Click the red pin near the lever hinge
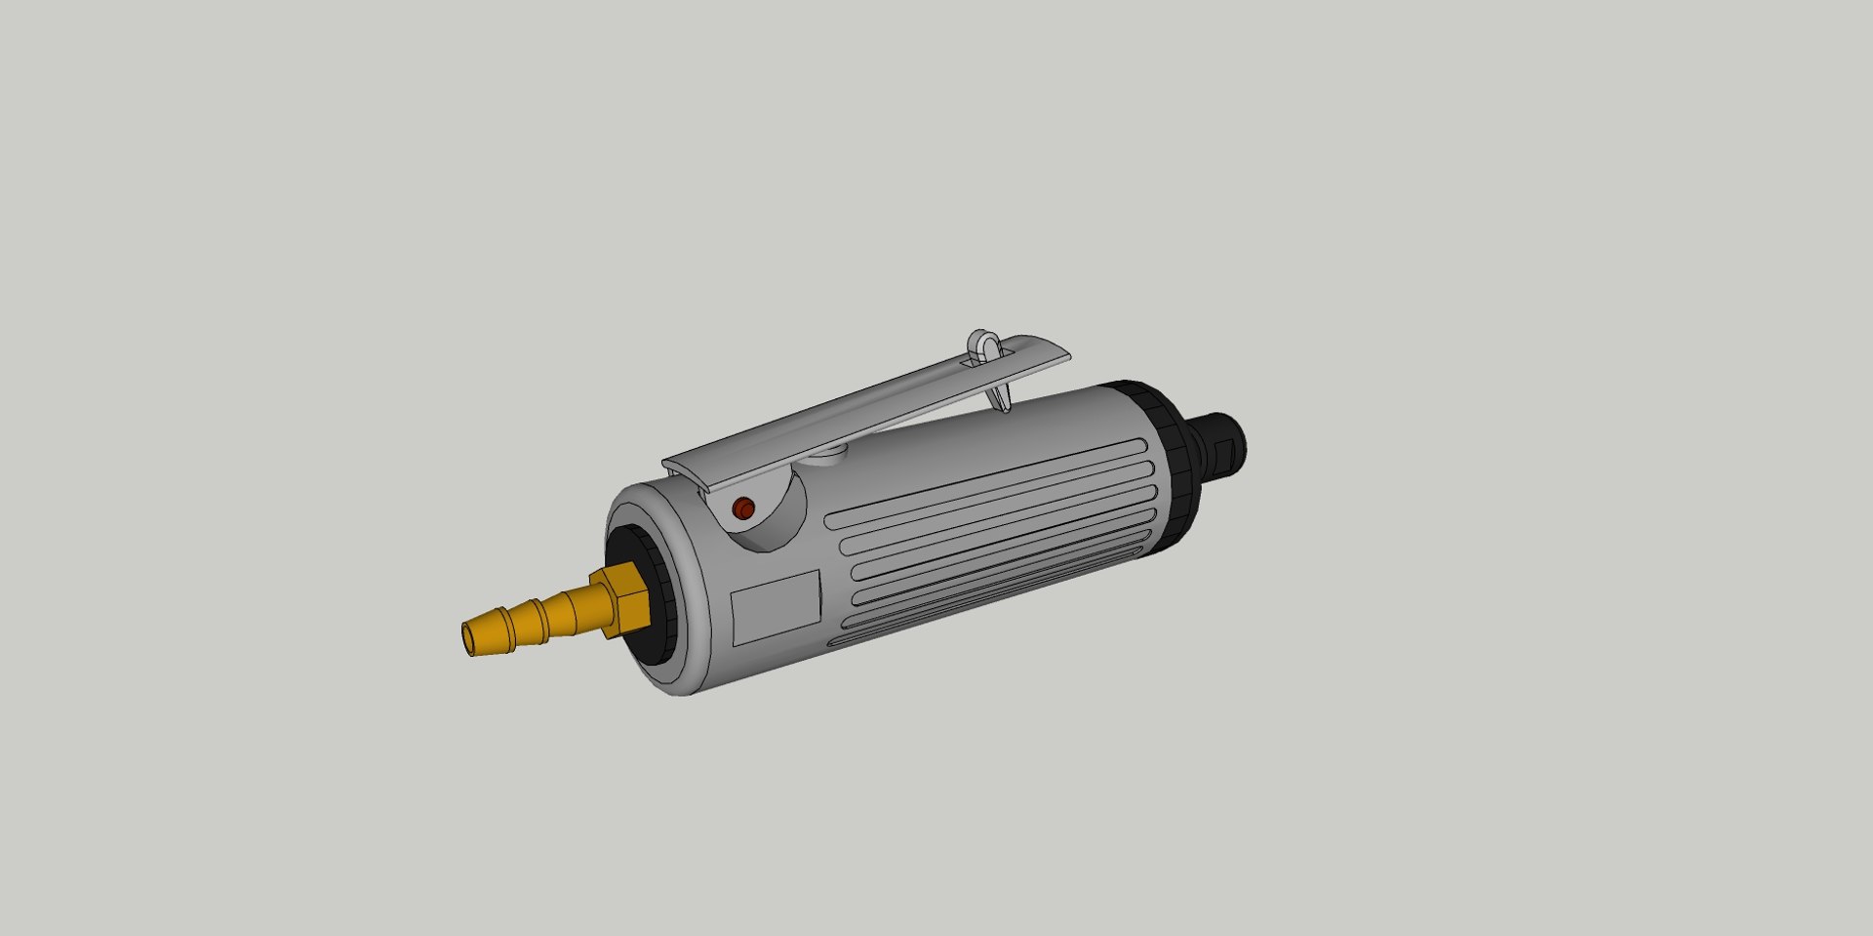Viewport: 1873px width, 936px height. pyautogui.click(x=743, y=509)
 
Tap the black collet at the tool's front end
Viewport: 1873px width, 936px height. pyautogui.click(x=1219, y=444)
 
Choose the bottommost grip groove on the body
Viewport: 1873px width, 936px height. pyautogui.click(x=976, y=609)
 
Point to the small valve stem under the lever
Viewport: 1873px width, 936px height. pyautogui.click(x=830, y=452)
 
